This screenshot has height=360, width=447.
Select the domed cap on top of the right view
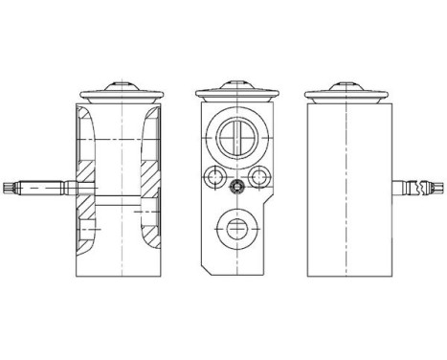346,83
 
